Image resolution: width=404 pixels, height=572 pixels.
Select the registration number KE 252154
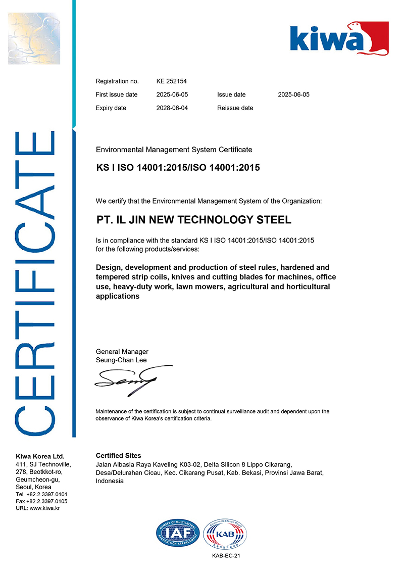coord(172,81)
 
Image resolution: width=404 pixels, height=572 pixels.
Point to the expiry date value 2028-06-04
coord(172,108)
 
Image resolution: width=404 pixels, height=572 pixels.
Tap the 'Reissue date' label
coord(235,108)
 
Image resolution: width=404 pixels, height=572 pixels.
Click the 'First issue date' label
coord(116,94)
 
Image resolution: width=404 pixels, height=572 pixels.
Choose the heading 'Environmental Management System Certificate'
coord(174,150)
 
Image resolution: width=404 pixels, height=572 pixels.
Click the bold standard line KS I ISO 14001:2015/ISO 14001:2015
coord(178,167)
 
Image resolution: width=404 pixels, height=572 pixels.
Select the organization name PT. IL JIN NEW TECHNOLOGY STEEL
coord(193,220)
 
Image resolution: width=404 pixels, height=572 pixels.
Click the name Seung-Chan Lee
coord(121,360)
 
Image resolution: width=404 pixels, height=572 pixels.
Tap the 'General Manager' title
coord(122,352)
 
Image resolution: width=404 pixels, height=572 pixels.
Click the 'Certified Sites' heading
coord(118,455)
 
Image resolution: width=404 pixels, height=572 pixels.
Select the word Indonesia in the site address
coord(110,481)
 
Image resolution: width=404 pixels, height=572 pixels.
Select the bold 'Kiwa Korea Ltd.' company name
coord(40,456)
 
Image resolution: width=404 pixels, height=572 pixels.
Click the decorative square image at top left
coord(34,39)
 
